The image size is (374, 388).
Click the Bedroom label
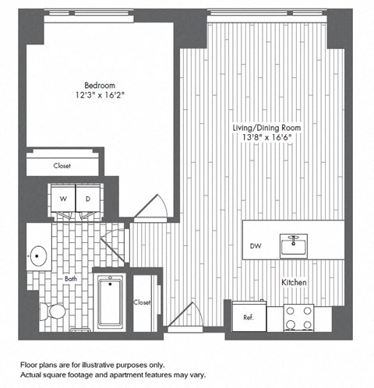click(100, 85)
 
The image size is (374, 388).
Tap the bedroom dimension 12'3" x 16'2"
click(100, 96)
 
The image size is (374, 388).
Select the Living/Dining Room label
click(261, 127)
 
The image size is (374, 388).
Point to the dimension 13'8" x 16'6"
click(261, 138)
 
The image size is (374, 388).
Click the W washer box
click(62, 198)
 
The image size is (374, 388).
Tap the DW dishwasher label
click(256, 247)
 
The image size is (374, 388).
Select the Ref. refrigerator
click(249, 317)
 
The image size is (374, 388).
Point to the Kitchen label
click(293, 281)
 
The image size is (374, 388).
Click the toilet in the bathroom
click(55, 311)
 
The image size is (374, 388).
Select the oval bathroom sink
click(38, 255)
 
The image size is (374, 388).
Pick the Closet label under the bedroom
click(62, 165)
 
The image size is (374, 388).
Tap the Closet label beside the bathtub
click(142, 302)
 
